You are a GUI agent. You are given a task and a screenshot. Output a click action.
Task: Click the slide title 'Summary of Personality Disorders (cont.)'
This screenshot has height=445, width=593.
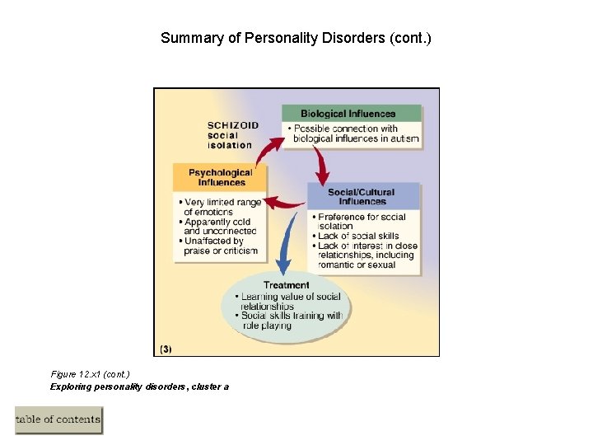click(296, 38)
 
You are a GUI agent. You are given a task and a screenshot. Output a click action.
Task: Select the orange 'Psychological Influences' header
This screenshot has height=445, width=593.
click(220, 177)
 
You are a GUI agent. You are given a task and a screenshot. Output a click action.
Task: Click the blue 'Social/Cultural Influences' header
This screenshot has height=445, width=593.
click(362, 196)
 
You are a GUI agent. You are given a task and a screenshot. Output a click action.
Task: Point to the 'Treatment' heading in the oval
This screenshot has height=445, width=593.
click(286, 285)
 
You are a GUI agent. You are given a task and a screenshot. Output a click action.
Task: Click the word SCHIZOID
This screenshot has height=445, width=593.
click(232, 125)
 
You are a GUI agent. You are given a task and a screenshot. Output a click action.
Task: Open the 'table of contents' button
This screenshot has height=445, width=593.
click(58, 419)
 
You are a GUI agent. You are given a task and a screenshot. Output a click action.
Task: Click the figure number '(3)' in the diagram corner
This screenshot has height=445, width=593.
click(166, 349)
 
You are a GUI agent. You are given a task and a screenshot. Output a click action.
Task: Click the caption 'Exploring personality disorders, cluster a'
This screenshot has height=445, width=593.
click(139, 386)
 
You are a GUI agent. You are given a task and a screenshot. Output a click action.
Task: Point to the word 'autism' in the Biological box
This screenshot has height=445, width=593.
click(404, 138)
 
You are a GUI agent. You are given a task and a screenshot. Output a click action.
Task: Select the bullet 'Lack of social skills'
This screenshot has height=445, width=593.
click(357, 236)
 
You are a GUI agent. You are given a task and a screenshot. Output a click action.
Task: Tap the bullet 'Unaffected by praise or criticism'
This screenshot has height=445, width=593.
click(219, 246)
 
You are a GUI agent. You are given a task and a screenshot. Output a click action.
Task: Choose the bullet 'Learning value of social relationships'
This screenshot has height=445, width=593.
click(287, 301)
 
